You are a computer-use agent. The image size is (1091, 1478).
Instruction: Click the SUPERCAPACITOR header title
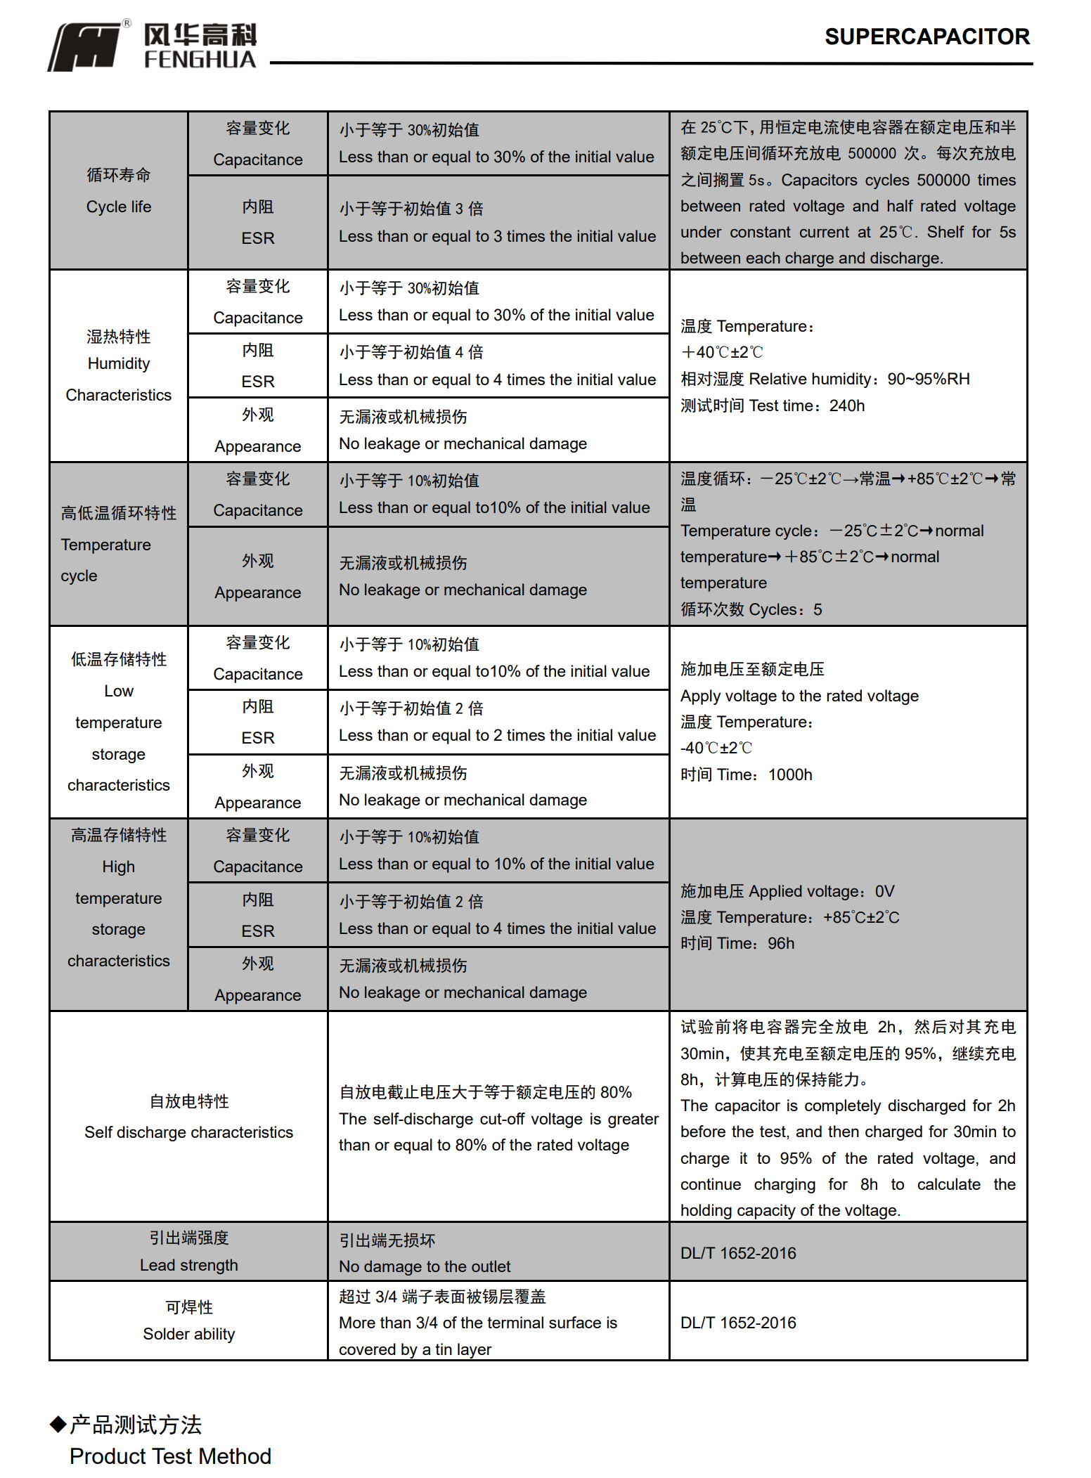927,37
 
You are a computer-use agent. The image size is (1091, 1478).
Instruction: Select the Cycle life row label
118,207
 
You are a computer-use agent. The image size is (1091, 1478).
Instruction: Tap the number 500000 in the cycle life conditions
872,154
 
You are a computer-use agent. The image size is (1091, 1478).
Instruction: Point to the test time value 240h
846,406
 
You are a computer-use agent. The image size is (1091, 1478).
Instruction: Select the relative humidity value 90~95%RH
928,380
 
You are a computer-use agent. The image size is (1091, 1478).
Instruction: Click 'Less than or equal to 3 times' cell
497,236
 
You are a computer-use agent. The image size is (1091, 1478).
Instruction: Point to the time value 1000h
790,774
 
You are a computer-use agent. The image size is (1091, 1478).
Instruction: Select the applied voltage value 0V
884,891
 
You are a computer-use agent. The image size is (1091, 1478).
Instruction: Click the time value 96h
780,943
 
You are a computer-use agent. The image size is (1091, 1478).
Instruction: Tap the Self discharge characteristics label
188,1132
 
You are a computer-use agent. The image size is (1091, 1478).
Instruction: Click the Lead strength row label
188,1265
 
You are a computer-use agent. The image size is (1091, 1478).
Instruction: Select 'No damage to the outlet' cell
425,1266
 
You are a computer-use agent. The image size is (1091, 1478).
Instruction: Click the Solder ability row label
188,1334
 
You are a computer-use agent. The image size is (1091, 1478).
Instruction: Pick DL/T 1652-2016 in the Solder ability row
738,1323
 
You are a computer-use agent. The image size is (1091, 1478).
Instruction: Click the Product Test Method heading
170,1456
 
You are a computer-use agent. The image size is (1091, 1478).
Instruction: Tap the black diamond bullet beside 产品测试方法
58,1424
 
